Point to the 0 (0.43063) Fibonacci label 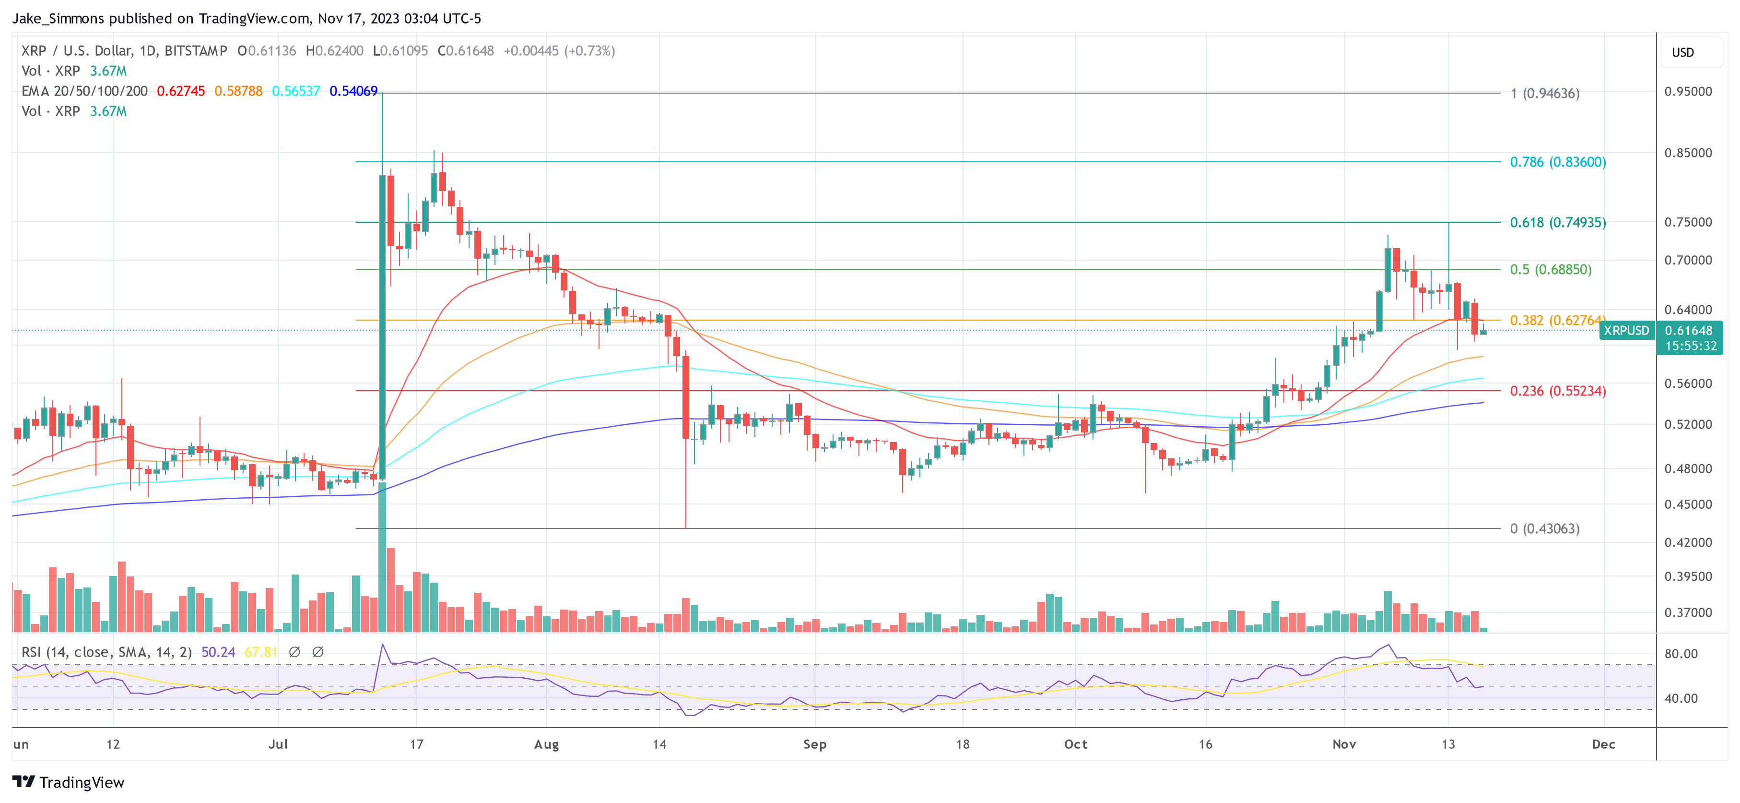click(1544, 528)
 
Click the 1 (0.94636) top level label click(1544, 93)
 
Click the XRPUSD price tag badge click(1626, 331)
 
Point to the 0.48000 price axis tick click(1687, 468)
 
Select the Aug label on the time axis click(546, 744)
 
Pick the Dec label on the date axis click(1603, 744)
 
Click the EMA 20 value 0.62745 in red click(180, 91)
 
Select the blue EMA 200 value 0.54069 click(353, 91)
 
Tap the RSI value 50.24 click(218, 652)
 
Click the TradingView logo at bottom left click(68, 782)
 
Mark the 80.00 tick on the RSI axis click(1681, 654)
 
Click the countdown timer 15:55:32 click(1690, 346)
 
